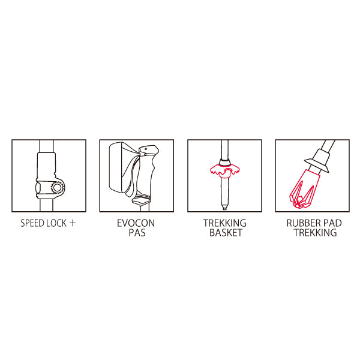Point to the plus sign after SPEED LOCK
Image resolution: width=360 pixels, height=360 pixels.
pos(73,223)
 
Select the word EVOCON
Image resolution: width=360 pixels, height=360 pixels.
pos(136,223)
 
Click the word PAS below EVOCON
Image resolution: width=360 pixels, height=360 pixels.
pos(137,233)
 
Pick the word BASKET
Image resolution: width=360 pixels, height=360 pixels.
pos(226,233)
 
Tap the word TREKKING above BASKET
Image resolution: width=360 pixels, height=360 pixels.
pos(225,223)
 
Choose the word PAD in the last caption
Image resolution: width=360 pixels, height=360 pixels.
pos(332,223)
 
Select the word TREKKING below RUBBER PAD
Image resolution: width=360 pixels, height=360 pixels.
pos(316,233)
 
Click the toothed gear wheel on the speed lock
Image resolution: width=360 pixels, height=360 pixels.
pos(57,188)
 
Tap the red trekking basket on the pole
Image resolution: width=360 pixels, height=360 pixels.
pos(225,172)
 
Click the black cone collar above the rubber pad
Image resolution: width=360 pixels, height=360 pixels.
pos(317,161)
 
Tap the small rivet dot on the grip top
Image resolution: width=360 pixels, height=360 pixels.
pos(146,149)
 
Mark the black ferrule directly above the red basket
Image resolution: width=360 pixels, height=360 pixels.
pos(225,162)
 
